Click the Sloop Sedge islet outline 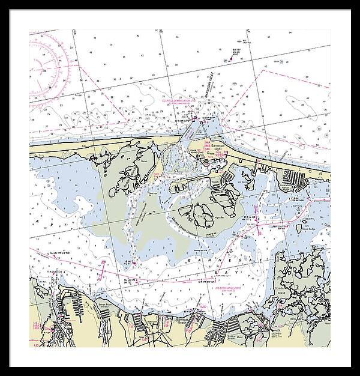299,228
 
